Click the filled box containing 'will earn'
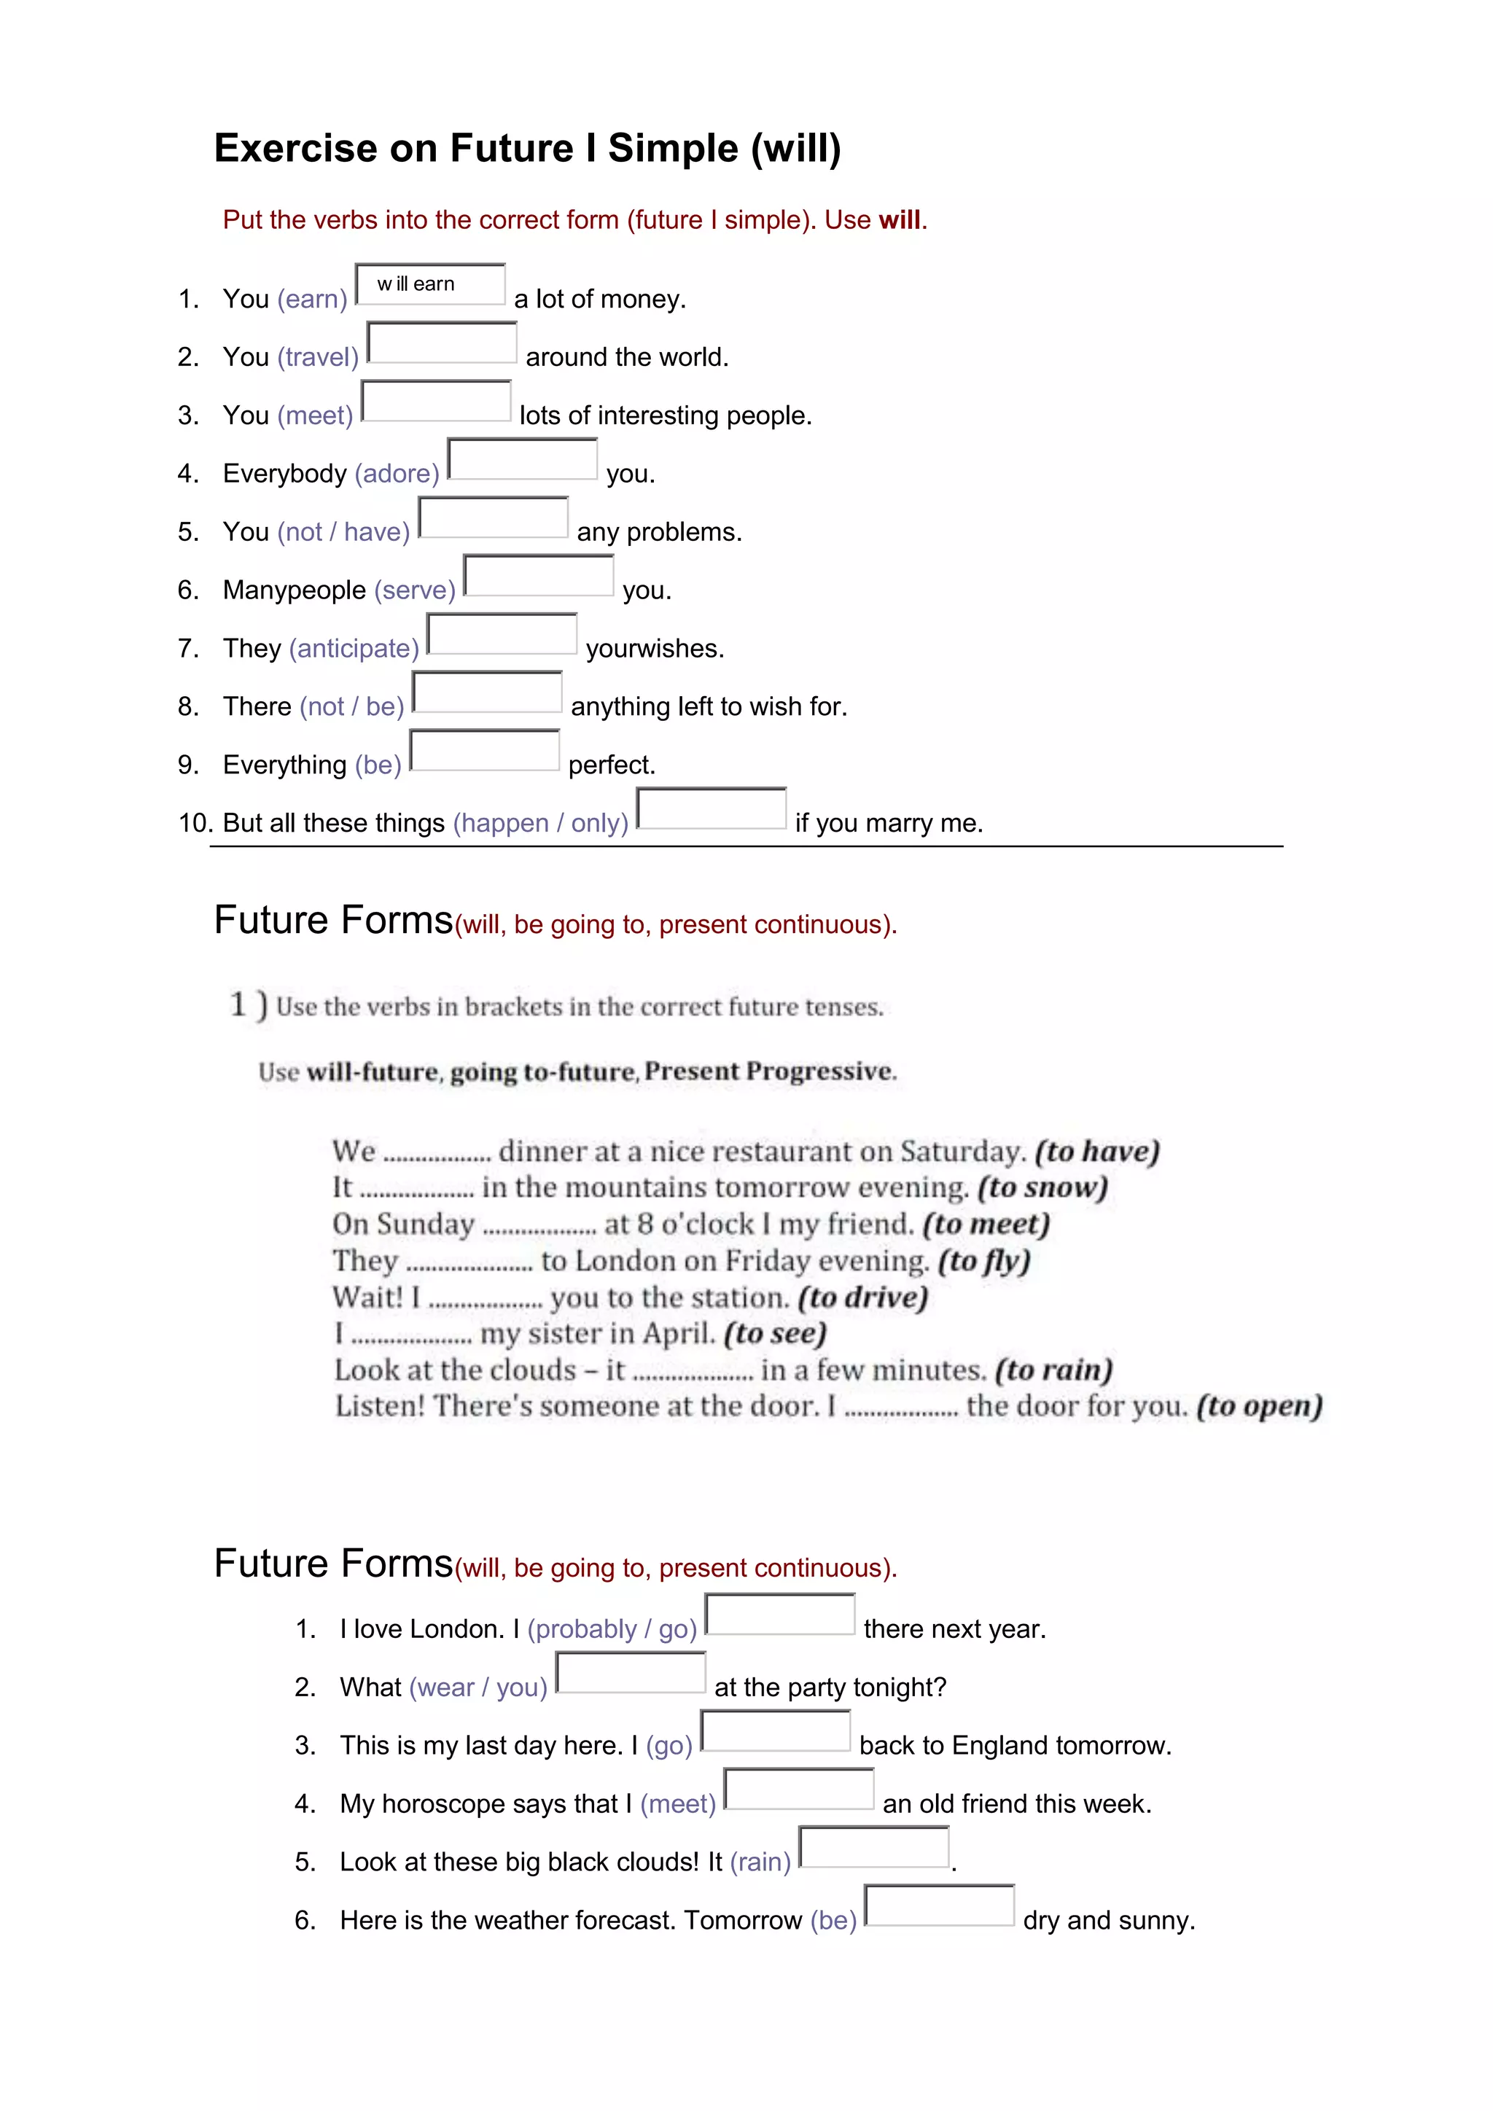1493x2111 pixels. point(430,284)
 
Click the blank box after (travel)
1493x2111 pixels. point(443,342)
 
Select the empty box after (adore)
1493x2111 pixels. point(522,459)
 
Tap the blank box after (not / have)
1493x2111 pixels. point(493,517)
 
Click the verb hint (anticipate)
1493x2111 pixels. point(354,648)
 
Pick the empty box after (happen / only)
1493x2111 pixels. point(712,808)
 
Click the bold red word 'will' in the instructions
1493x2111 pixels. point(899,219)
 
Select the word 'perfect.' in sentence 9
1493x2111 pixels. point(612,765)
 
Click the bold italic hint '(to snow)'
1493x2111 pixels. point(1042,1187)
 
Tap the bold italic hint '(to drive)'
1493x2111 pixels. point(862,1298)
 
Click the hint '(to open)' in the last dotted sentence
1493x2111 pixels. point(1258,1406)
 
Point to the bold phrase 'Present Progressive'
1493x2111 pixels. point(768,1071)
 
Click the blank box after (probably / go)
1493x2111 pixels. point(779,1615)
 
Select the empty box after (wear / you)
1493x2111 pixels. point(631,1672)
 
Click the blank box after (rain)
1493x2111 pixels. point(874,1847)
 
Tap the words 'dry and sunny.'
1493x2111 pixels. point(1109,1920)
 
